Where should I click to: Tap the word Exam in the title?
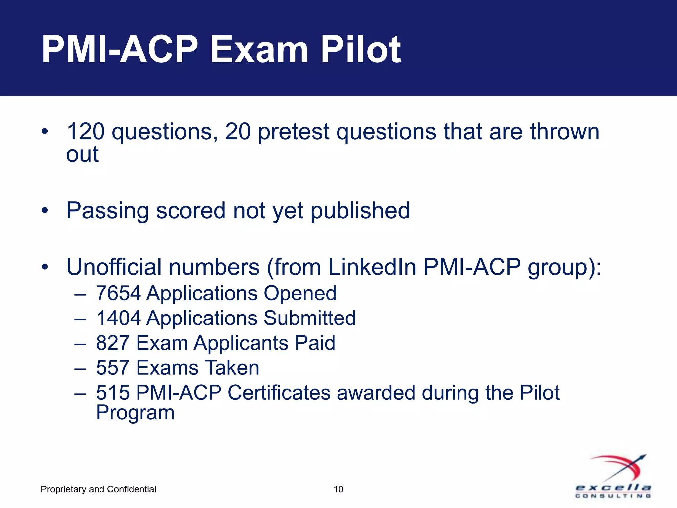(259, 50)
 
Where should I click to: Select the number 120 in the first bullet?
(86, 131)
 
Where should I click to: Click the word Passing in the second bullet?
(107, 211)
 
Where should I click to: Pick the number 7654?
(118, 293)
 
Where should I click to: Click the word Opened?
(300, 293)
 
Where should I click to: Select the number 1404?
(118, 318)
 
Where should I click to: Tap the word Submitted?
(309, 318)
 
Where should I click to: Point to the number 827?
(112, 343)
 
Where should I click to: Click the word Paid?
(315, 343)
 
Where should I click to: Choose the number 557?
(112, 368)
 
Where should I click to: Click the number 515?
(112, 393)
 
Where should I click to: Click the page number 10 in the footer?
(338, 489)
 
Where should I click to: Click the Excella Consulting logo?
(613, 476)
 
